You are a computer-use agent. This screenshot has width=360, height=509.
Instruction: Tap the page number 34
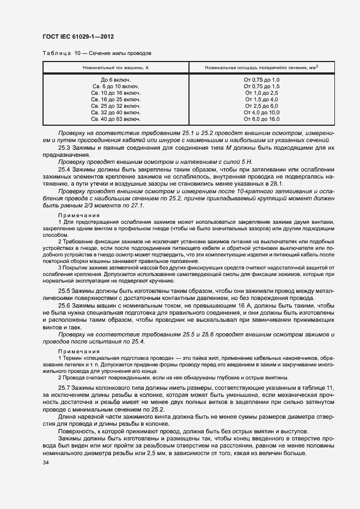45,463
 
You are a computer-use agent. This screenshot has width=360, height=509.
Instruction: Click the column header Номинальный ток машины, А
115,68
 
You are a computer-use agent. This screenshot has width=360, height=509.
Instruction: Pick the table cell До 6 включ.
115,80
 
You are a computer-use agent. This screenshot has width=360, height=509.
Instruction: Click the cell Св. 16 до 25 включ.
115,100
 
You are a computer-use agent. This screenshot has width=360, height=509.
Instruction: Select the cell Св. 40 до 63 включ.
115,119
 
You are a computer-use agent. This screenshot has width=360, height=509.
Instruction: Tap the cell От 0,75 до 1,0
261,80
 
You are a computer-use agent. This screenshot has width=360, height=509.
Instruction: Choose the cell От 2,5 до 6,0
261,106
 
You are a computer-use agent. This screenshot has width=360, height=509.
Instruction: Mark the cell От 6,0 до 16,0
261,119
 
